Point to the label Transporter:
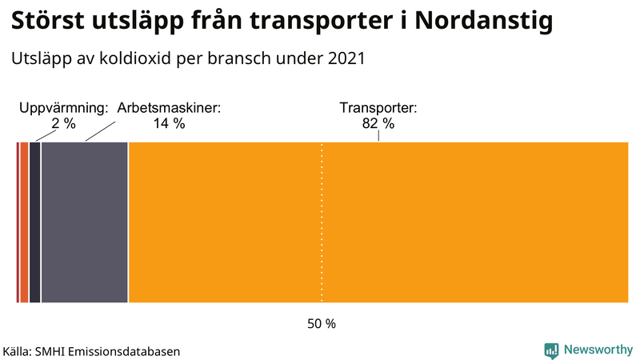pos(378,108)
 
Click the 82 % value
pos(378,123)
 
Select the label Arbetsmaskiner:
pos(169,108)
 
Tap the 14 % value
pos(169,123)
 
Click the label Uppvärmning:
pos(63,108)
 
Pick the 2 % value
pos(63,123)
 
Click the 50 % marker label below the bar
pos(322,324)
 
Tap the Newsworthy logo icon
pos(551,350)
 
